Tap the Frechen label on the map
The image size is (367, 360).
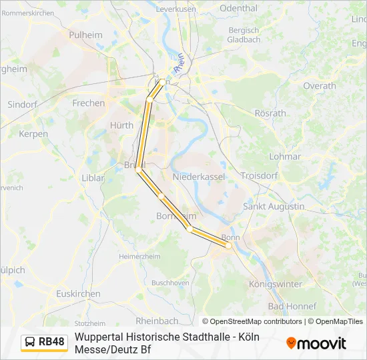(89, 103)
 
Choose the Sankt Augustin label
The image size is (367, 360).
(274, 207)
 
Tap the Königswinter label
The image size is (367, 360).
(275, 284)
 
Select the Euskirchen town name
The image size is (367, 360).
(78, 293)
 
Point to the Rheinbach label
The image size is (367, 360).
(157, 320)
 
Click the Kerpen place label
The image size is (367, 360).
(33, 134)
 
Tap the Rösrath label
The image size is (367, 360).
(270, 113)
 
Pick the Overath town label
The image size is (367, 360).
(320, 86)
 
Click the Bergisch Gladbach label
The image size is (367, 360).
(244, 35)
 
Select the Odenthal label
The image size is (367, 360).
(238, 9)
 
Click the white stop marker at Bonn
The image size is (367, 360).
(228, 245)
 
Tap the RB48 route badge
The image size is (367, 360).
(44, 342)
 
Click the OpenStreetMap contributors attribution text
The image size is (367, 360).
(252, 321)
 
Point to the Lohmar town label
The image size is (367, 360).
(285, 157)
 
